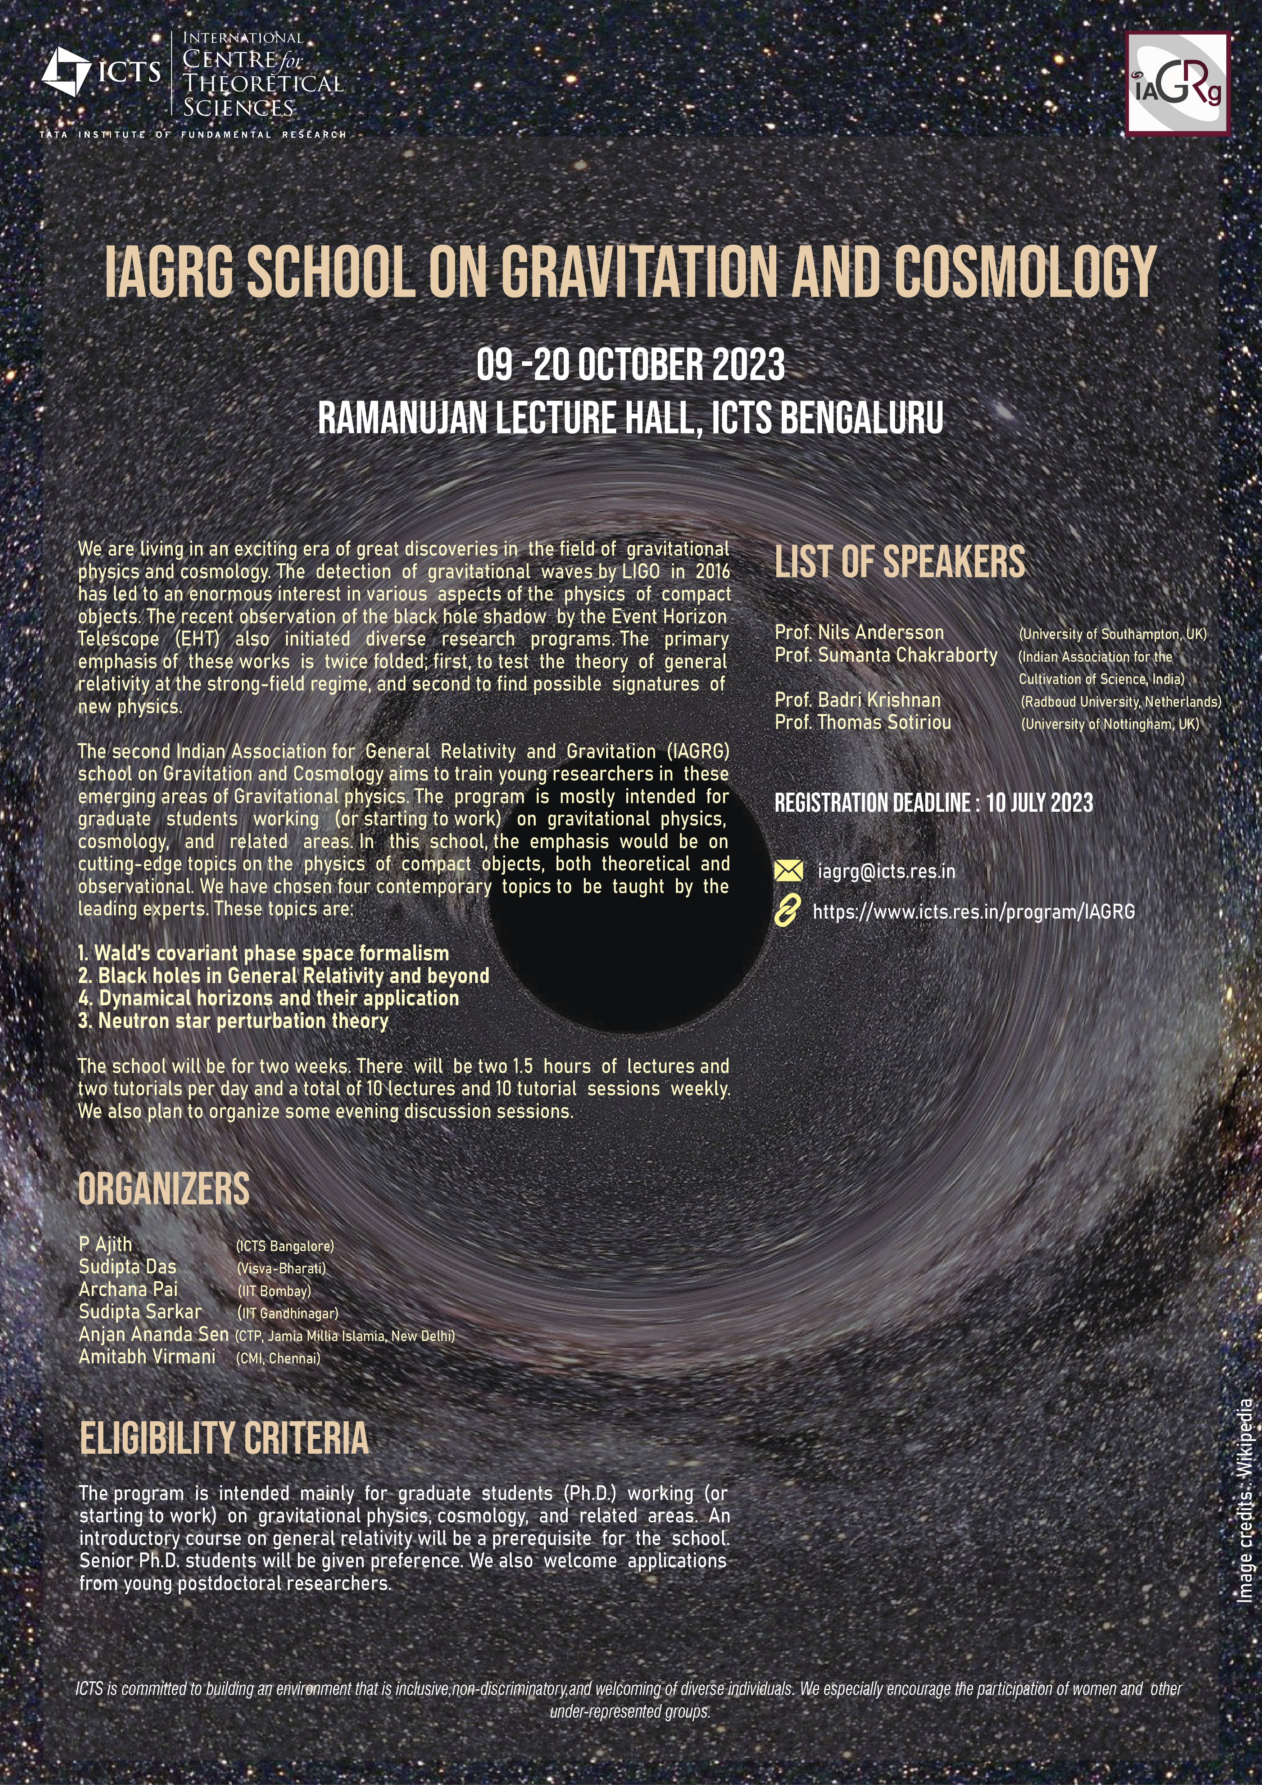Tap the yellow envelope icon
point(788,871)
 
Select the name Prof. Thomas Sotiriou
point(863,722)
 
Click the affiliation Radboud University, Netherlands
point(1121,701)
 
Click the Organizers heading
point(164,1189)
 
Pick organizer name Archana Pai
point(128,1289)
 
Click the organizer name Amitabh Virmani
point(147,1356)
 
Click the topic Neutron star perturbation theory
point(233,1021)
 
